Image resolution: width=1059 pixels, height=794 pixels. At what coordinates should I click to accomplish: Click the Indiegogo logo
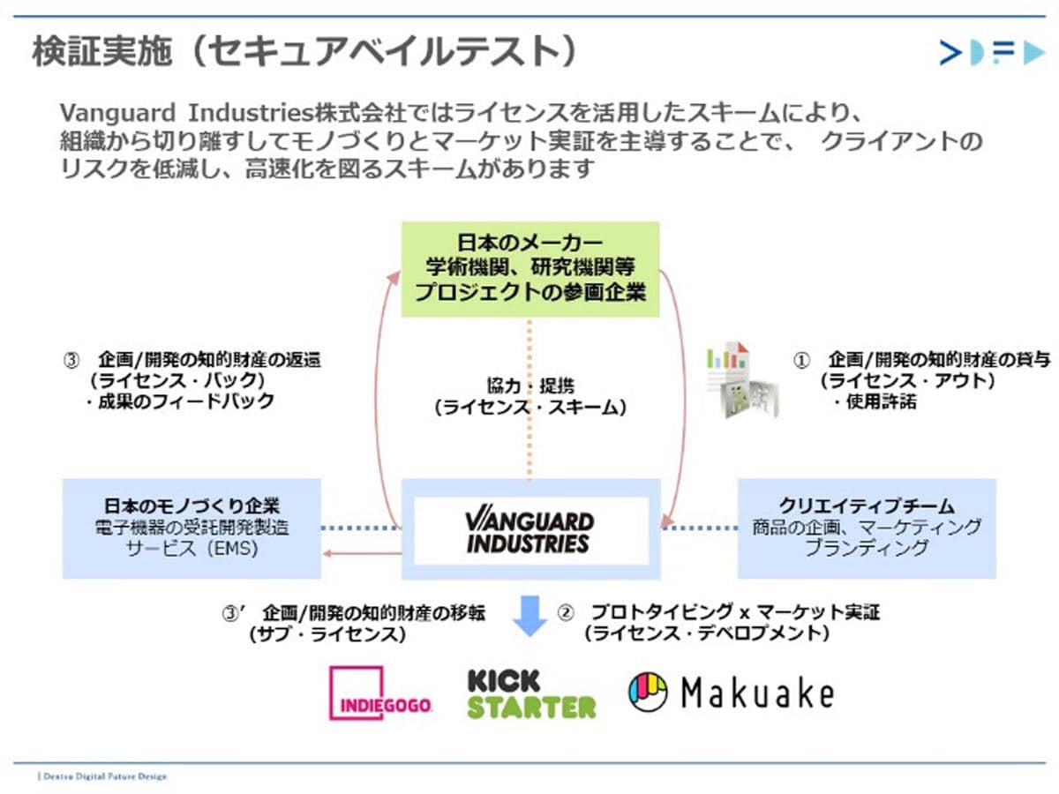pos(380,693)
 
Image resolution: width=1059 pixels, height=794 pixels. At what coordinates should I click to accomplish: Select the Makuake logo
pos(731,693)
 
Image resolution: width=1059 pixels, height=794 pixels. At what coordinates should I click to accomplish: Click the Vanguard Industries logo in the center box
pos(530,530)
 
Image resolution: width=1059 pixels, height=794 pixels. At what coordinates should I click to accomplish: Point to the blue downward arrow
pos(530,615)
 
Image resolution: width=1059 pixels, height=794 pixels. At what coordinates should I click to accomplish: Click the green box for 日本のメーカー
pos(530,269)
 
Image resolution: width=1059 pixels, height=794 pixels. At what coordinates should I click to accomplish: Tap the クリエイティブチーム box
pos(867,528)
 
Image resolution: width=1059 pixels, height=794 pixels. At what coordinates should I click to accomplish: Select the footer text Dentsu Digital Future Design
pos(104,776)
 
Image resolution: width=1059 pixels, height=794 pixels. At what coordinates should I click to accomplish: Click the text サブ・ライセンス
pos(327,633)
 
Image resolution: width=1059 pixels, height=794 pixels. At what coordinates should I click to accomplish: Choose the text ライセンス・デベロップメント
pos(706,633)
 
